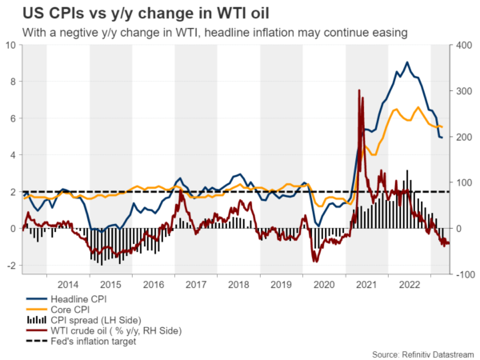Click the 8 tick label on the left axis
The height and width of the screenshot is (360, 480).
pyautogui.click(x=11, y=82)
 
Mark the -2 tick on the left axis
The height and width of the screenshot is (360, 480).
pyautogui.click(x=10, y=266)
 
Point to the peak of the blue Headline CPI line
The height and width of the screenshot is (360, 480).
pyautogui.click(x=407, y=62)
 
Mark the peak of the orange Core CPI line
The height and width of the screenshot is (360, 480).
pyautogui.click(x=418, y=107)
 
